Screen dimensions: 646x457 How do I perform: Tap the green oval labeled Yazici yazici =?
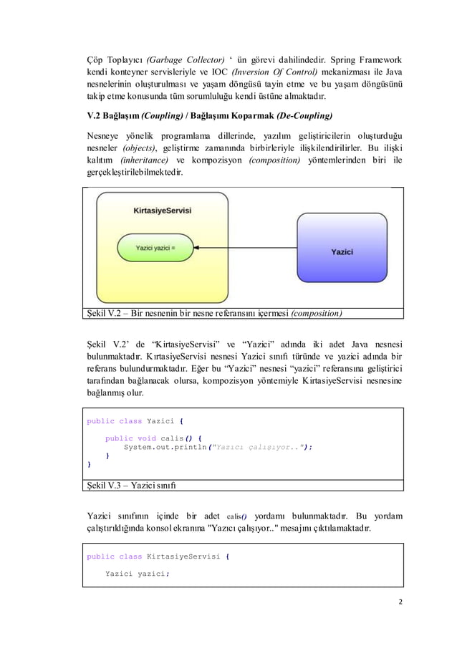click(155, 249)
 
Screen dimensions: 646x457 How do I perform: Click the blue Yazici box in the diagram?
click(342, 251)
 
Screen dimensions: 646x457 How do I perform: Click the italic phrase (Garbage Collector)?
click(191, 59)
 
